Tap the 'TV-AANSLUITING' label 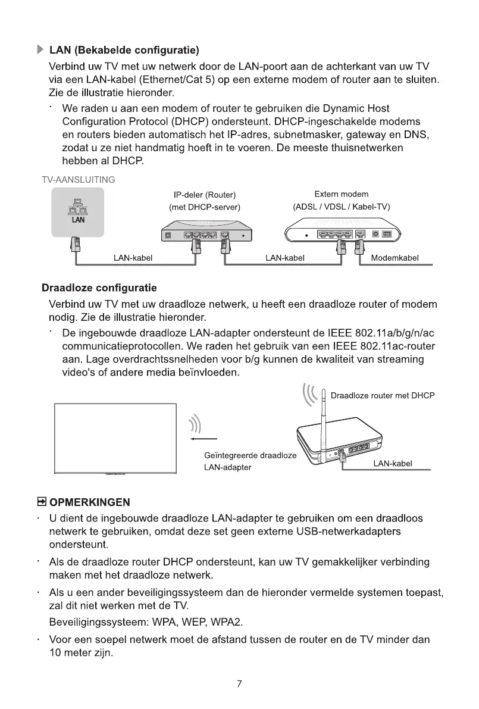point(79,179)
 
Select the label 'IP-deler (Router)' point(205,195)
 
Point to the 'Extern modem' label point(341,194)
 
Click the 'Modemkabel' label point(395,258)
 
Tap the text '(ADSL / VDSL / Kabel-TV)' point(341,207)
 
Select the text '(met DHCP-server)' point(205,207)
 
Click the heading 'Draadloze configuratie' point(99,288)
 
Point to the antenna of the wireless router point(324,417)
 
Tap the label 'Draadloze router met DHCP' point(383,396)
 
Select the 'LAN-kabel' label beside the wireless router point(393,463)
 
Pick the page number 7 point(239,683)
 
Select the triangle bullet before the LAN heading point(40,49)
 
